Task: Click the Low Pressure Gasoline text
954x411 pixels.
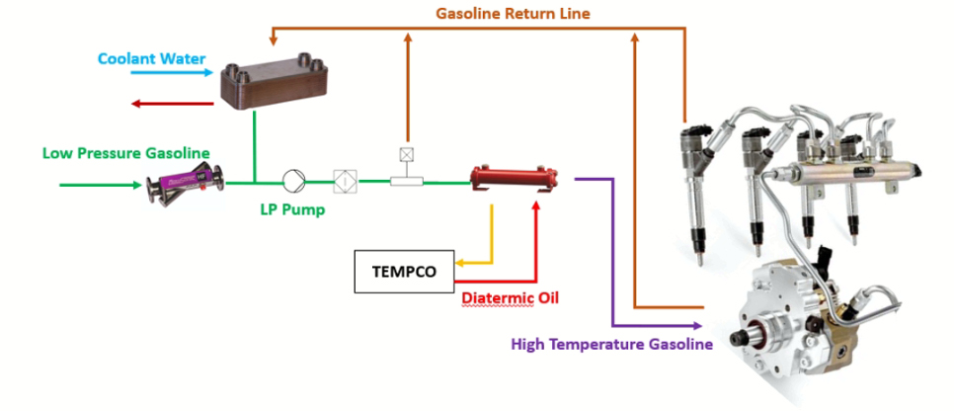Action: [125, 152]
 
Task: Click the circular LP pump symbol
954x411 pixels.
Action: [294, 181]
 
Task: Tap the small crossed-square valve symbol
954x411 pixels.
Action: [406, 154]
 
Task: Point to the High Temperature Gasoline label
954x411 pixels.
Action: [611, 345]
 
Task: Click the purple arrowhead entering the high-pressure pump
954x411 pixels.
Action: [696, 325]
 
